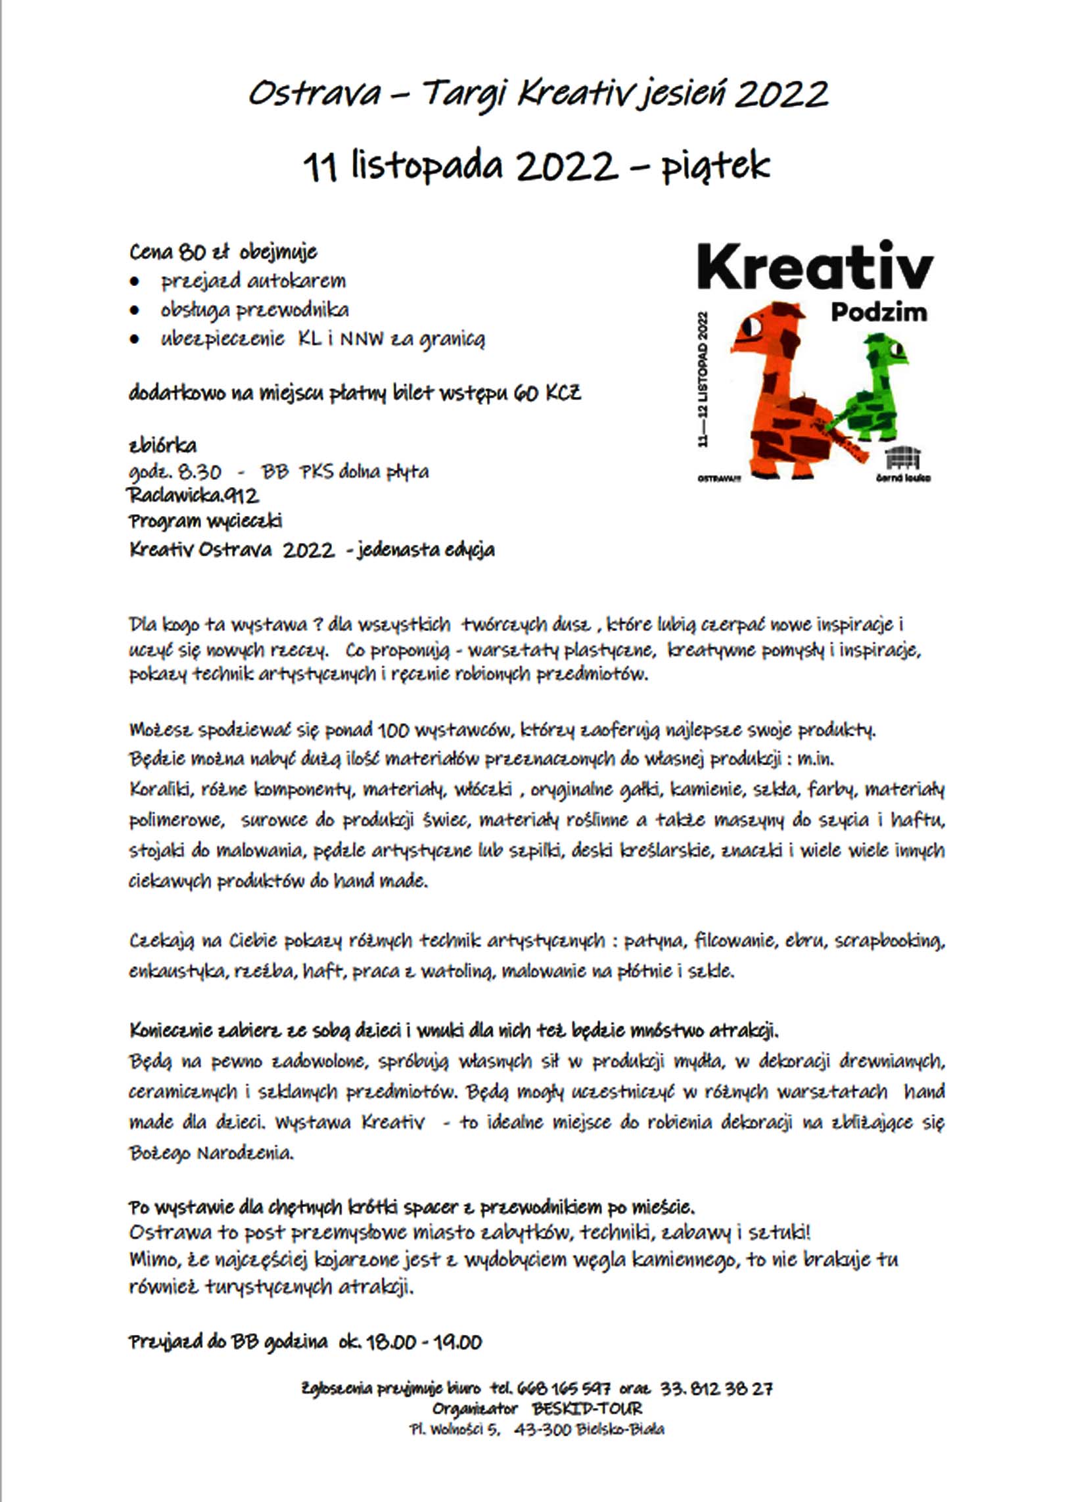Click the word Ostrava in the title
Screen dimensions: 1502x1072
[x=314, y=95]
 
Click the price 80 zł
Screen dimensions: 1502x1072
[x=202, y=252]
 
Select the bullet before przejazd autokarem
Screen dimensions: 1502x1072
[x=135, y=282]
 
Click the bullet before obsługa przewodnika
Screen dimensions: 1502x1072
[x=135, y=310]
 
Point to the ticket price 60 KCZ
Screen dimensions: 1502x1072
[x=546, y=394]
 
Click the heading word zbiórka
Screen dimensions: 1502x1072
[x=162, y=445]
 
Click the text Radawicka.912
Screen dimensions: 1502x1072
[x=193, y=495]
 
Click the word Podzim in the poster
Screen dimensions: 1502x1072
[x=879, y=312]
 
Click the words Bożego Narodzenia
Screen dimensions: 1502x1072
[x=210, y=1154]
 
